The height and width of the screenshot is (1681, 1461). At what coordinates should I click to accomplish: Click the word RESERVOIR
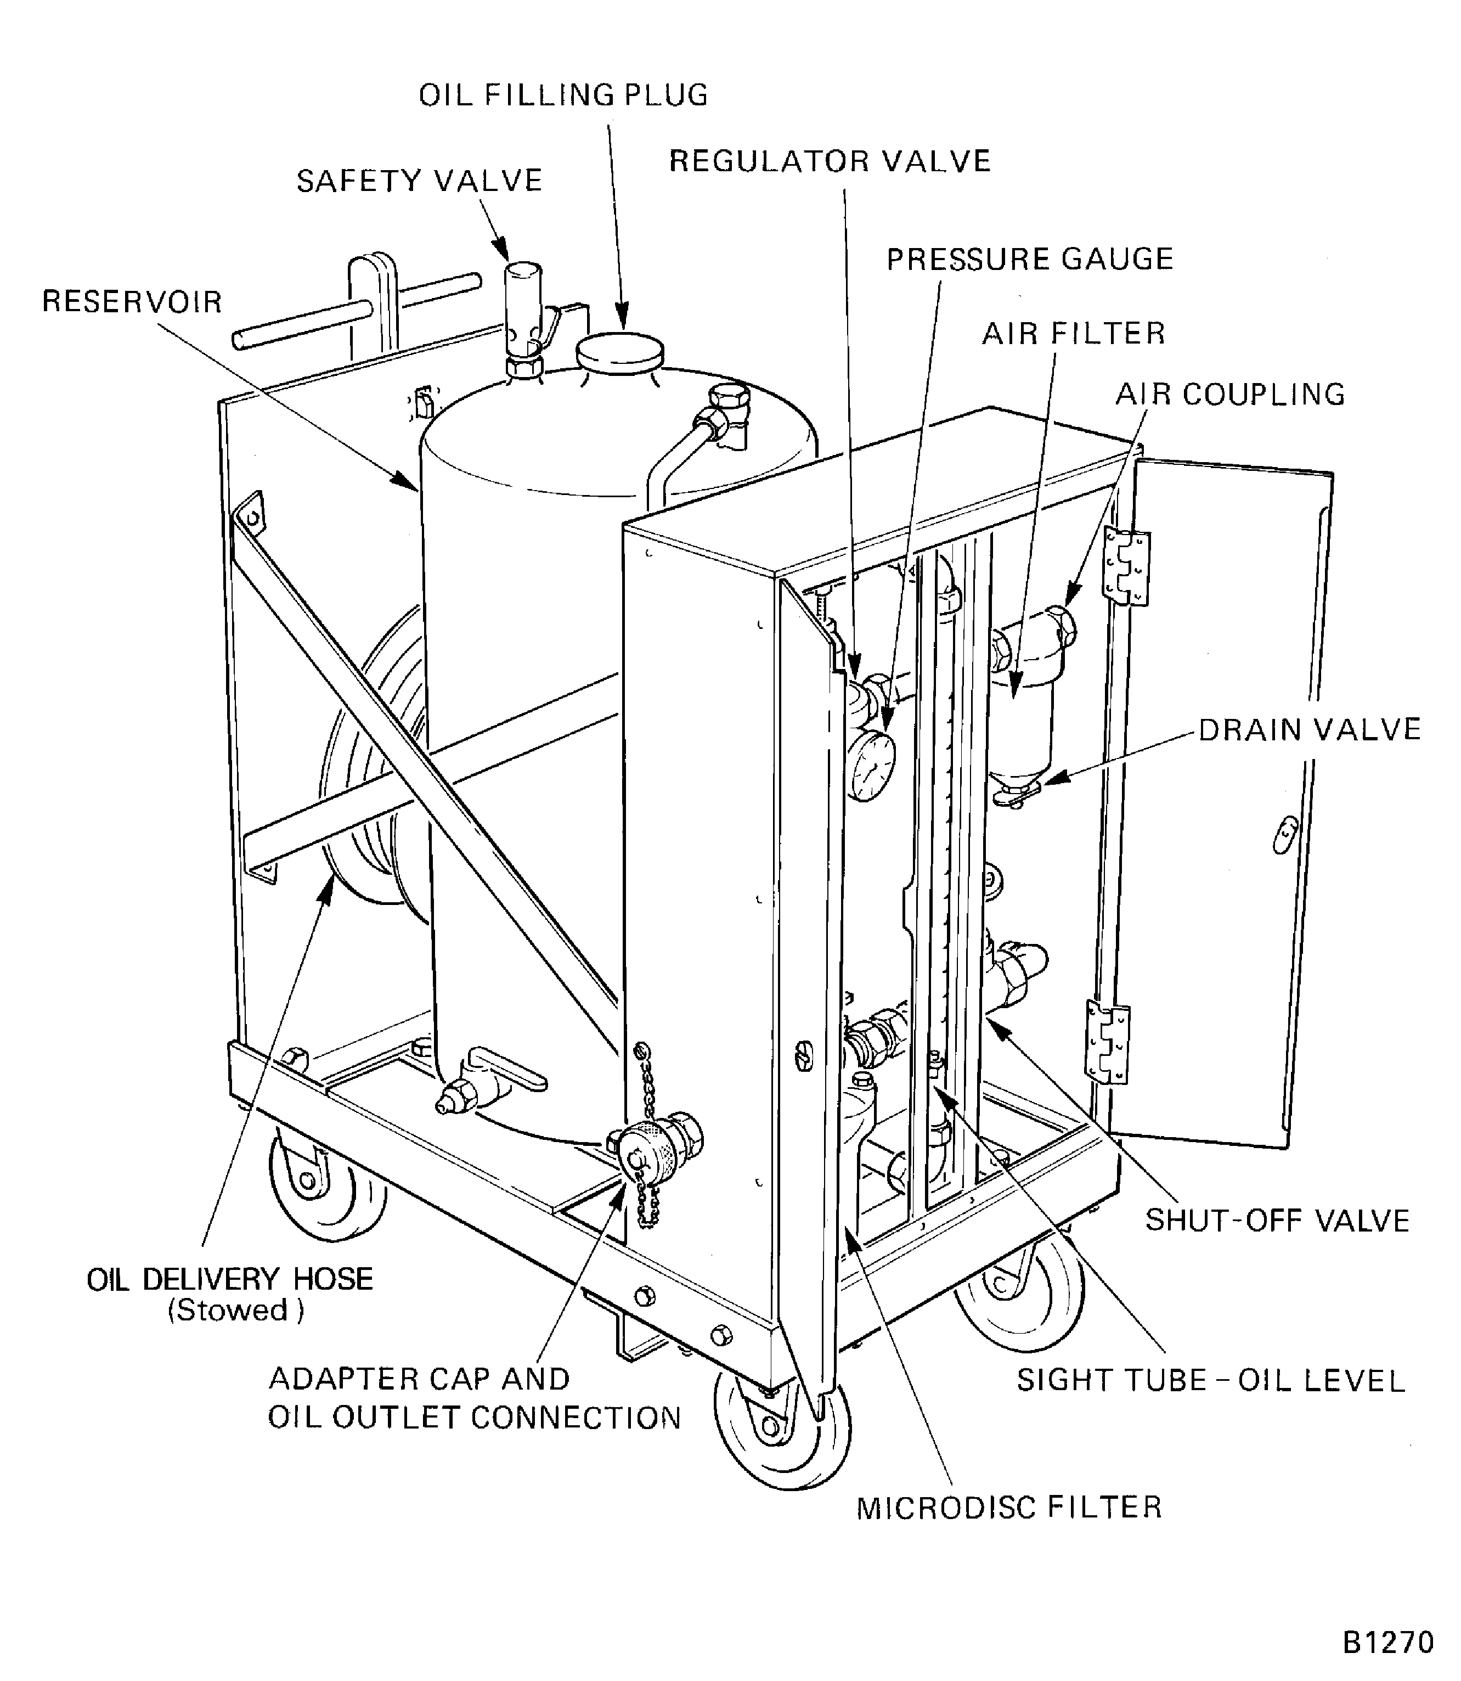coord(132,302)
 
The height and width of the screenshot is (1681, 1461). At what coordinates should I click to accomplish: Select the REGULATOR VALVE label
coord(829,161)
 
